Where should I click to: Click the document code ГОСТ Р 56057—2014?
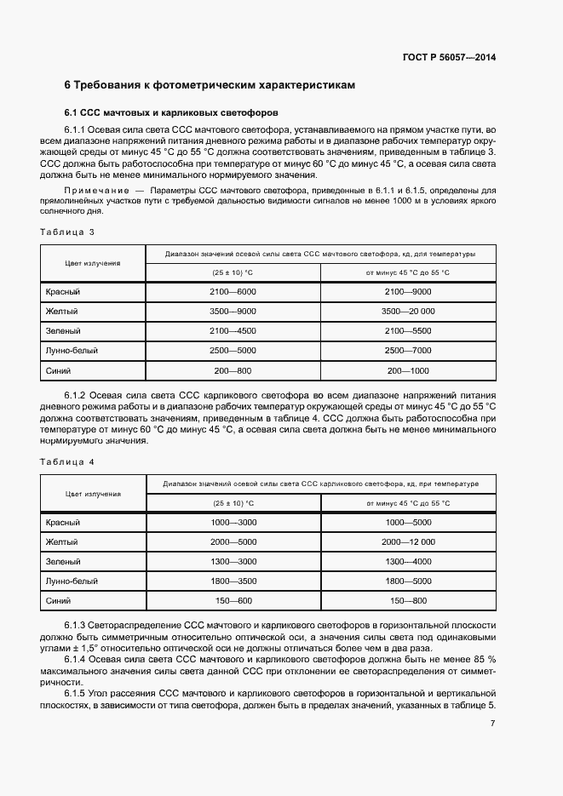tap(449, 58)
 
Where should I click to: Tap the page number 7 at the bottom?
tap(492, 724)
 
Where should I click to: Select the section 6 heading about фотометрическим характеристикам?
tap(210, 86)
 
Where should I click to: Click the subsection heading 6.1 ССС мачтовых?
tap(171, 112)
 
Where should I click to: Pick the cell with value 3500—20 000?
tap(408, 312)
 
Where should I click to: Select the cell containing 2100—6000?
tap(233, 292)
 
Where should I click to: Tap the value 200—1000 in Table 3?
tap(408, 370)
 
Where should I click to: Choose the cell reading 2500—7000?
tap(408, 351)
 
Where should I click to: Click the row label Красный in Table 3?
tap(62, 292)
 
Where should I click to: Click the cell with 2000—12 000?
tap(408, 541)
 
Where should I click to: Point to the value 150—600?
tap(233, 601)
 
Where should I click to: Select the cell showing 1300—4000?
tap(408, 562)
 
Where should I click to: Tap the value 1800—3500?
tap(233, 581)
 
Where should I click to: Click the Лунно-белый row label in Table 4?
tap(72, 581)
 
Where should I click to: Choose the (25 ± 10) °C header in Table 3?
tap(233, 272)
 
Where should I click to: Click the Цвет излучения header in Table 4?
tap(93, 494)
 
